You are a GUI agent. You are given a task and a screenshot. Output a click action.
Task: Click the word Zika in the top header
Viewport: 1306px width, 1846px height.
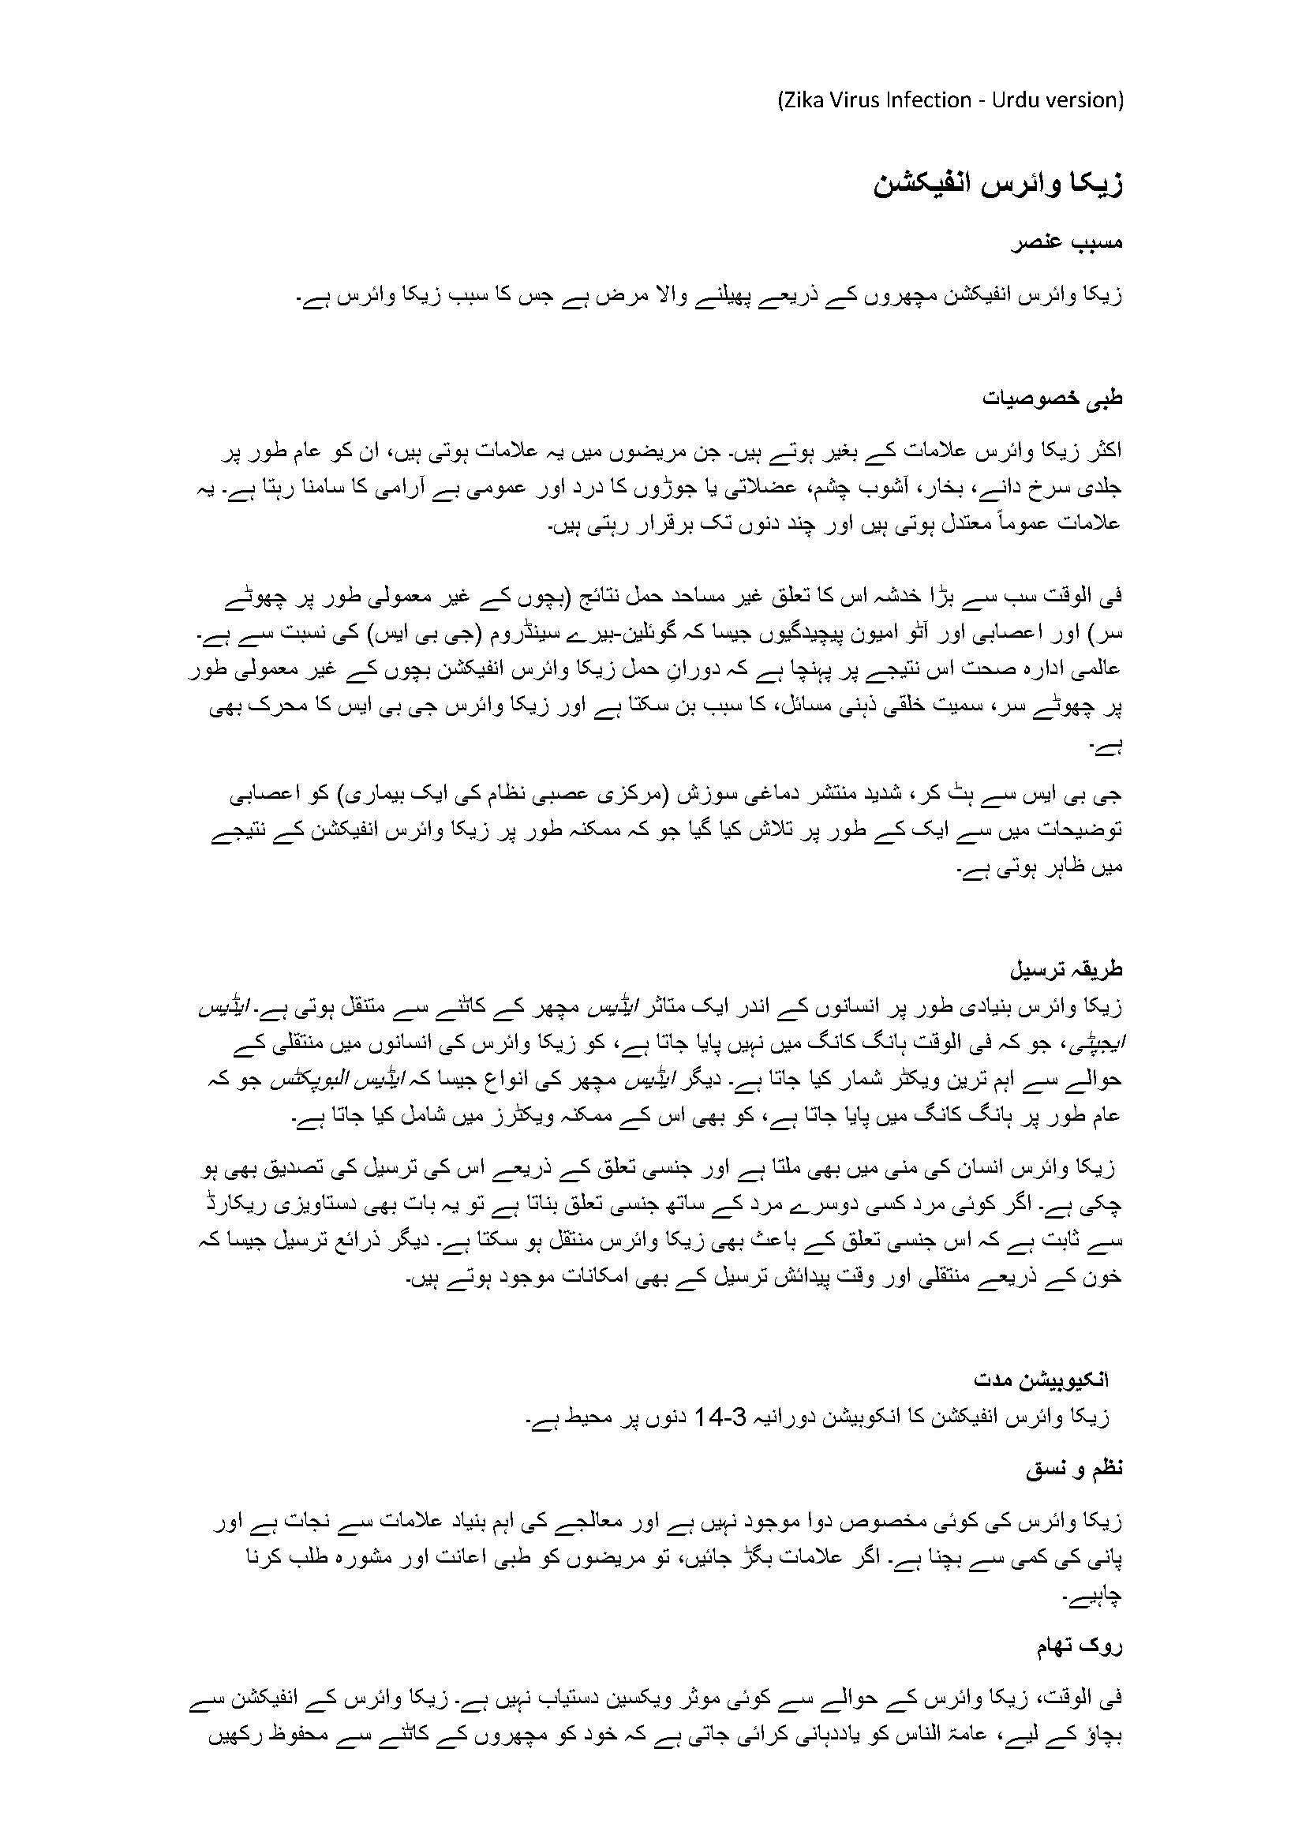[x=803, y=100]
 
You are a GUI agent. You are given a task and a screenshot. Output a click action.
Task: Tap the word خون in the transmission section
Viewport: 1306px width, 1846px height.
[x=1105, y=1277]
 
